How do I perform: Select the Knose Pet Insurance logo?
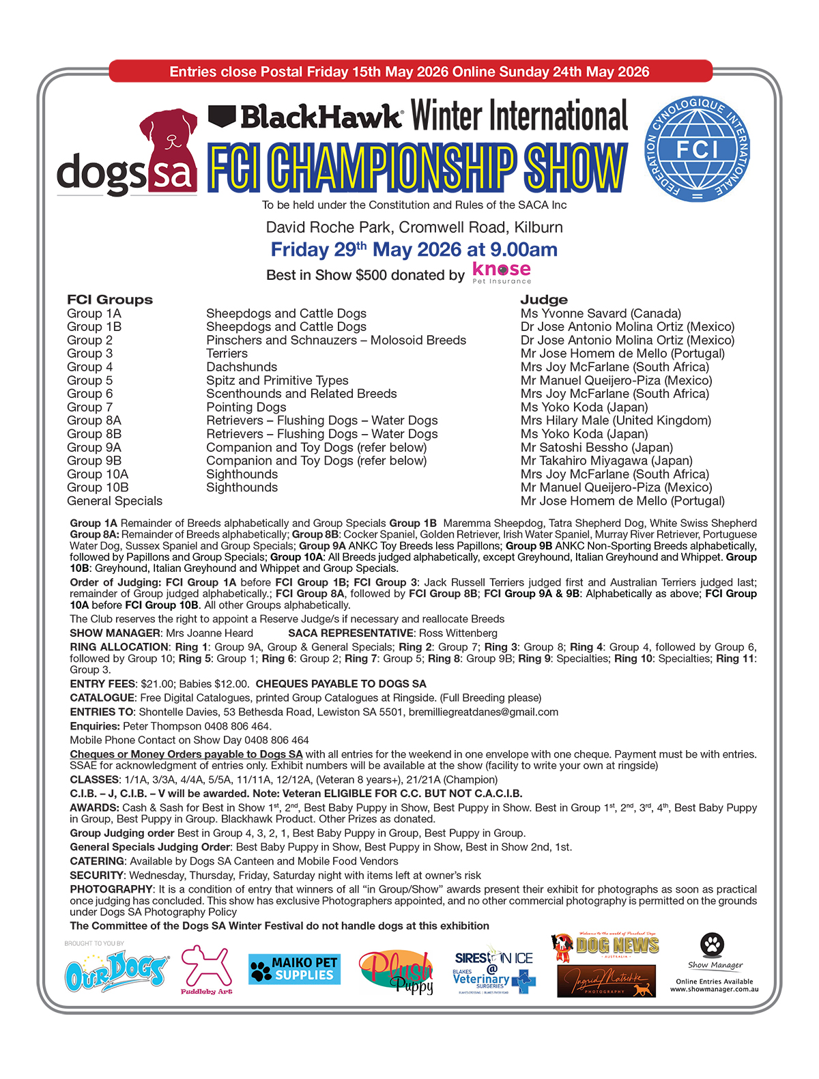[x=502, y=272]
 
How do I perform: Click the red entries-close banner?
[x=409, y=72]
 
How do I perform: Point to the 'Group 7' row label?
[x=89, y=407]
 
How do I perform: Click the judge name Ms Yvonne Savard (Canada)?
[x=601, y=314]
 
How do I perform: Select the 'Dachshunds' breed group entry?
[x=242, y=367]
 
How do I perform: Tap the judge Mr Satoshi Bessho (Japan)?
[x=597, y=448]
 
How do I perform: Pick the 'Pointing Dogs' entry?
[x=246, y=407]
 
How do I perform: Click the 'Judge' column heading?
[x=544, y=300]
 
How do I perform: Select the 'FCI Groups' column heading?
[x=110, y=300]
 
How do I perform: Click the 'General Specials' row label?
[x=115, y=501]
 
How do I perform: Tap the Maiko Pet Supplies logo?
[x=294, y=969]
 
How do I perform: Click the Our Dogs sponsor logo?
[x=116, y=972]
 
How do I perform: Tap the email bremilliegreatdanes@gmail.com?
[x=483, y=712]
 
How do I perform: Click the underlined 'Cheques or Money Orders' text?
[x=186, y=754]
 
